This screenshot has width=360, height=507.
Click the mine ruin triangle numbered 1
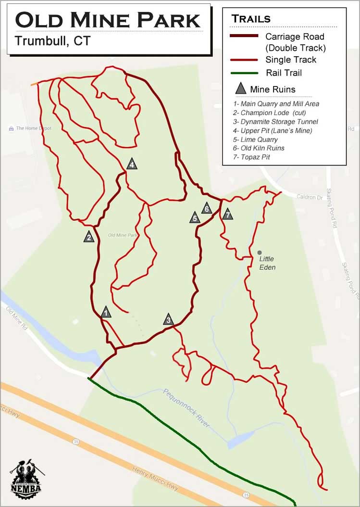tap(106, 313)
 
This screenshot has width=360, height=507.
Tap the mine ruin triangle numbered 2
tap(89, 237)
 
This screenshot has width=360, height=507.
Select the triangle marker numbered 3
tap(168, 319)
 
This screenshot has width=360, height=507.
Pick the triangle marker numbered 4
tap(132, 164)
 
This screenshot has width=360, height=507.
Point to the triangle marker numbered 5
tap(195, 218)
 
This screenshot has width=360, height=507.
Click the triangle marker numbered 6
tap(207, 209)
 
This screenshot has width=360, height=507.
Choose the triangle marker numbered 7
tap(227, 215)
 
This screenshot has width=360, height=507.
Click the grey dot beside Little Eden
tap(260, 252)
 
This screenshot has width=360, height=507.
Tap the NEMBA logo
tap(27, 479)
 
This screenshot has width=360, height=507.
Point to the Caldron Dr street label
tap(310, 197)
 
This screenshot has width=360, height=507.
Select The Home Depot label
tap(33, 128)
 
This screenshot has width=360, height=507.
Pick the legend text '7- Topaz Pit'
tap(251, 157)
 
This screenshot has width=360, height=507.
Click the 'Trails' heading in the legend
tap(251, 19)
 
